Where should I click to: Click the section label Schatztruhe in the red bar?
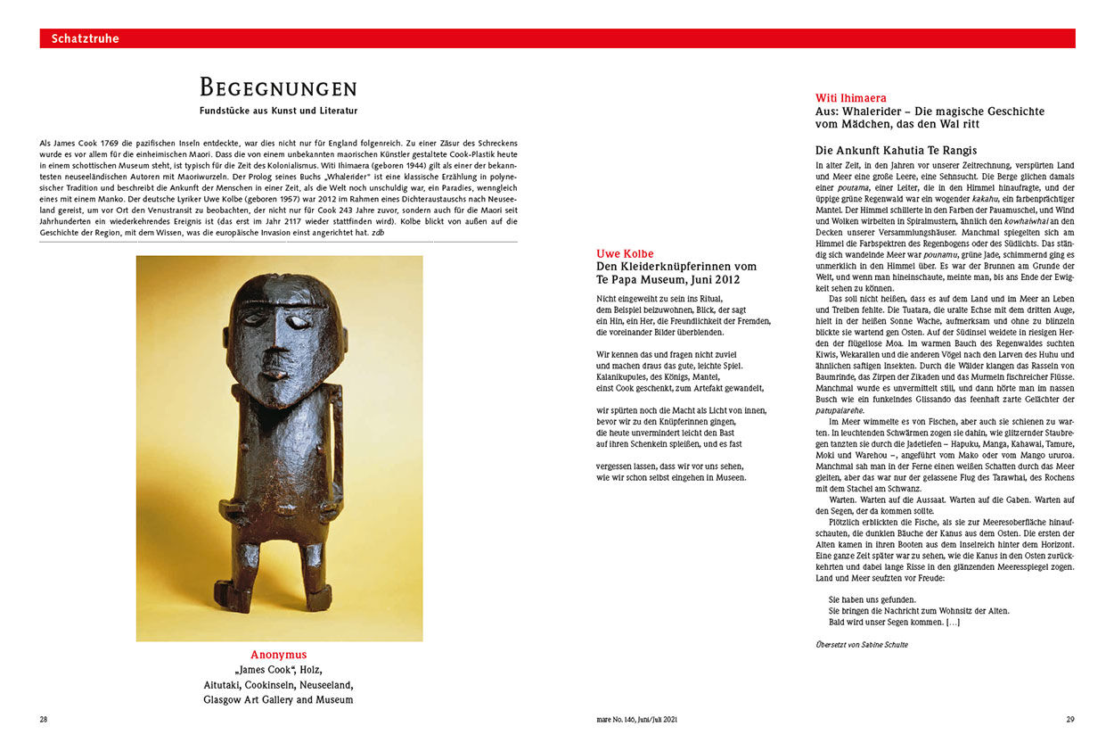coord(85,38)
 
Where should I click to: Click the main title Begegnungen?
coord(278,88)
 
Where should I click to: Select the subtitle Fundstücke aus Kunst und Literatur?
coord(278,111)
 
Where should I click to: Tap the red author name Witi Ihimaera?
coord(850,98)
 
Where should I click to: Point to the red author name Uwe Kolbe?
coord(625,254)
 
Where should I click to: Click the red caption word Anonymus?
coord(278,655)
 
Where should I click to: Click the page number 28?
coord(44,719)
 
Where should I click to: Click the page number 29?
coord(1070,719)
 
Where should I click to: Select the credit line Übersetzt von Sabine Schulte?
coord(861,644)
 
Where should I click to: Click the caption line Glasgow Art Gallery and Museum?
coord(278,700)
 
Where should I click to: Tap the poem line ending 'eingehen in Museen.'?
coord(671,477)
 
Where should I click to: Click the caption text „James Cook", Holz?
coord(278,670)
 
